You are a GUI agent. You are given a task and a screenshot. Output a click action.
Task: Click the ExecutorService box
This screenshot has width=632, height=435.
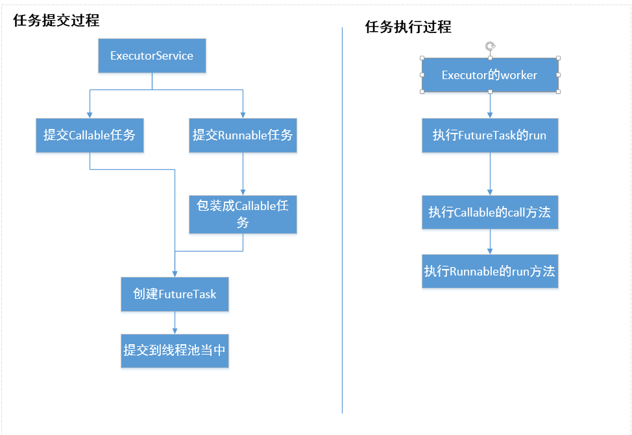[x=152, y=56]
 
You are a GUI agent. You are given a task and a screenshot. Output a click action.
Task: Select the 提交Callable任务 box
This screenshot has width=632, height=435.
[x=90, y=135]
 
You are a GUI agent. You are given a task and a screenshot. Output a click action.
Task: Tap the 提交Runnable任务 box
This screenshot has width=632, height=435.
[x=243, y=135]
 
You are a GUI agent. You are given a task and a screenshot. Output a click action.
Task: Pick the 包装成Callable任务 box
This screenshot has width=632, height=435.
[x=243, y=214]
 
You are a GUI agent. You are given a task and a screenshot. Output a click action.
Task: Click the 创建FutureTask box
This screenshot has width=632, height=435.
[x=175, y=294]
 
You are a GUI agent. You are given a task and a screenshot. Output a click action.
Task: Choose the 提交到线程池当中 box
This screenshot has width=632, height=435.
[x=175, y=350]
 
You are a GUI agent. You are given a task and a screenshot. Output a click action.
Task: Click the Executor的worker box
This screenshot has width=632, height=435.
[x=490, y=75]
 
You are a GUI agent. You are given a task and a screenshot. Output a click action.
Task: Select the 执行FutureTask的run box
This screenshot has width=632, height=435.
[x=490, y=135]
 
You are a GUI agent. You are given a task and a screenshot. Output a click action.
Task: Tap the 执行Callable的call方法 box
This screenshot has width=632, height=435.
[x=490, y=212]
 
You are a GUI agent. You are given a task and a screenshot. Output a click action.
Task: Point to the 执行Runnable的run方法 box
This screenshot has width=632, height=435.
[x=490, y=271]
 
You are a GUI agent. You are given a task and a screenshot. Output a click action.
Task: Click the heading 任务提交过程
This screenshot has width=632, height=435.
[x=56, y=20]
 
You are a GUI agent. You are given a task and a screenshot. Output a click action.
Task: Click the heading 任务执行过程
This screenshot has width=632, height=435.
[x=408, y=27]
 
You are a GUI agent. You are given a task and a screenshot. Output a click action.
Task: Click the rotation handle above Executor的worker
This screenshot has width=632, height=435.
[x=491, y=45]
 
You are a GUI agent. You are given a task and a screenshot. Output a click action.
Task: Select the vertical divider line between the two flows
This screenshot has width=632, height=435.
[x=342, y=220]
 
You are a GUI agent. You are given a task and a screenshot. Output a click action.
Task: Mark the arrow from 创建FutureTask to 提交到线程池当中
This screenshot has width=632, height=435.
[x=175, y=322]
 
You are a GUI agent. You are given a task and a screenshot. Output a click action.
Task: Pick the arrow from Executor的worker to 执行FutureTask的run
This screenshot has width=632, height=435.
[x=490, y=105]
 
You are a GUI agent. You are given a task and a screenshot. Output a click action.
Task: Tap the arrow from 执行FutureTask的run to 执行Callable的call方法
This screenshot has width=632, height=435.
[x=490, y=174]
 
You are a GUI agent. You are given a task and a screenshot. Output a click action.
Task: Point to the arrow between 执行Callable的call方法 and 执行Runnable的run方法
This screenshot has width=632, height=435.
[x=490, y=242]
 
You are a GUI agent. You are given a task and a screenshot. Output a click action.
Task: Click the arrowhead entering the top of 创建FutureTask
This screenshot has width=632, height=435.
[x=175, y=273]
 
